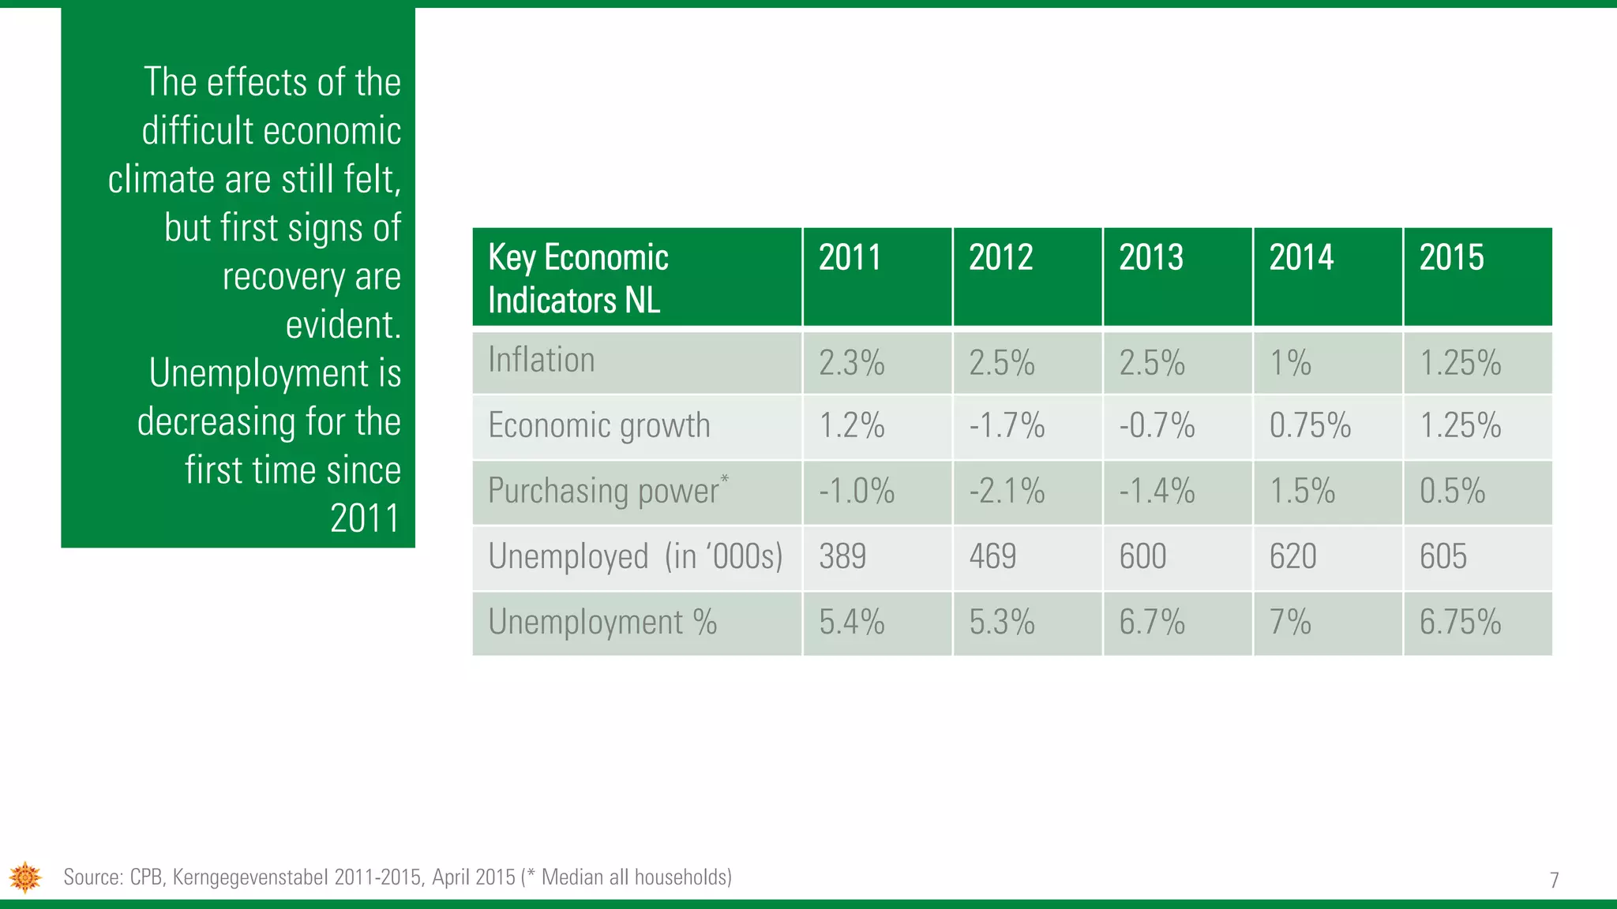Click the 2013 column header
[1151, 258]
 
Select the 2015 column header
[1451, 258]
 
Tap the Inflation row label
[542, 361]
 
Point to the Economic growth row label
[599, 426]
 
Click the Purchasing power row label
[605, 491]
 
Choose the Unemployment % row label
[602, 623]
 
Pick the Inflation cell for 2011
[851, 364]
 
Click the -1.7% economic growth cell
[1007, 426]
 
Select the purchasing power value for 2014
[1302, 492]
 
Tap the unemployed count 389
[842, 557]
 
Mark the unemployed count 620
[1292, 557]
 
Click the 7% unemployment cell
[1290, 623]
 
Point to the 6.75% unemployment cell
[1460, 623]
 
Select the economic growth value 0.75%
[1310, 426]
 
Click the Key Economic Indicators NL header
[578, 279]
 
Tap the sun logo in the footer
[25, 877]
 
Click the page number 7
[1554, 880]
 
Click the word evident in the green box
[343, 325]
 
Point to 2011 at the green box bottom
[365, 519]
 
